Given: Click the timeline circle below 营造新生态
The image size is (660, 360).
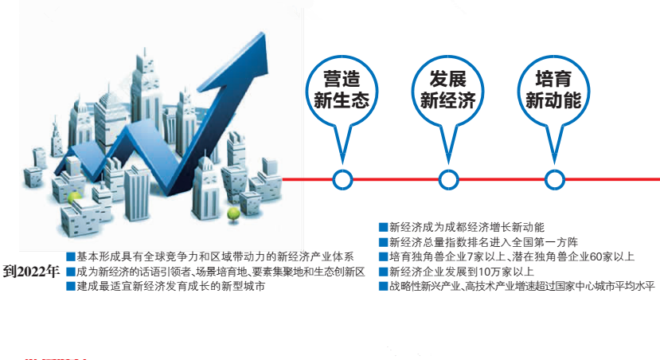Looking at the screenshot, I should click(x=342, y=180).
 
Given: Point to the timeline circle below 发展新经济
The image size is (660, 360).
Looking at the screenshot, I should click(x=447, y=180).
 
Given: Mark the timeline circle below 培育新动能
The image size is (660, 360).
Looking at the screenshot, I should click(x=553, y=180).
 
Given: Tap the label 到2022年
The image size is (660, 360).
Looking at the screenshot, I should click(x=31, y=271).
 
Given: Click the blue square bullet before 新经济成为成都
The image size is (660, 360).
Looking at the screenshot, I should click(x=383, y=228).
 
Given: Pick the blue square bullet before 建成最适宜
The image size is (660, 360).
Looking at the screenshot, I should click(x=70, y=286).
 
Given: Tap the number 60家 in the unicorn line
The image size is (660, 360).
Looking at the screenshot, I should click(x=580, y=256).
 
